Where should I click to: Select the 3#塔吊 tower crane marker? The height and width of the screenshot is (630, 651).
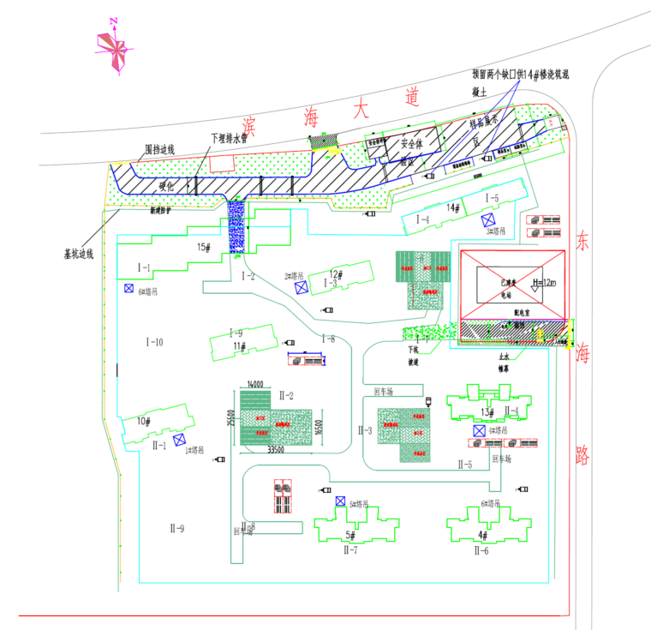pyautogui.click(x=487, y=219)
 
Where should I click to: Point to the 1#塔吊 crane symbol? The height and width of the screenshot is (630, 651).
pyautogui.click(x=179, y=440)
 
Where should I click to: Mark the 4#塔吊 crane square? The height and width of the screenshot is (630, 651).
pyautogui.click(x=479, y=430)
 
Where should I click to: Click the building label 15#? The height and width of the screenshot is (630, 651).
pyautogui.click(x=204, y=247)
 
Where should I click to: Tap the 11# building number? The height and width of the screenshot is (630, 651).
pyautogui.click(x=240, y=345)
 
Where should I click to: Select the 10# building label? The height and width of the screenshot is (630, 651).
pyautogui.click(x=144, y=421)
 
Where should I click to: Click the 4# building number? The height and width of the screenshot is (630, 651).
pyautogui.click(x=482, y=536)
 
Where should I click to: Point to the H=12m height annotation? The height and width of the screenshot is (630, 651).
pyautogui.click(x=543, y=283)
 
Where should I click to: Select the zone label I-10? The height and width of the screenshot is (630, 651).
pyautogui.click(x=154, y=342)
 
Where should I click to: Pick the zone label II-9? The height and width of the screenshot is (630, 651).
pyautogui.click(x=176, y=528)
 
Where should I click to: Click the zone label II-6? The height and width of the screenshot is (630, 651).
pyautogui.click(x=481, y=550)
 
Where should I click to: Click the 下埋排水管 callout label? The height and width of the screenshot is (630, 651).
pyautogui.click(x=229, y=137)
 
